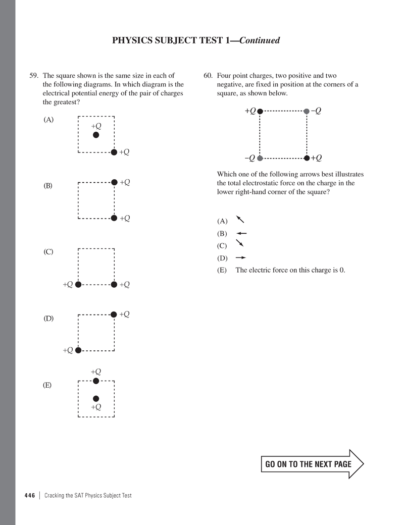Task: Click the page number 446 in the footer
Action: [x=29, y=495]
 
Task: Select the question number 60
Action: [x=208, y=76]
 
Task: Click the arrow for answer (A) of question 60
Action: [x=240, y=219]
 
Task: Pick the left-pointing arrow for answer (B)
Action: [x=241, y=233]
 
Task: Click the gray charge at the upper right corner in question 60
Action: [x=307, y=111]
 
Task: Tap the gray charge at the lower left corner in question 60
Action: [x=260, y=158]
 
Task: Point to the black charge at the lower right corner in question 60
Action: [x=307, y=158]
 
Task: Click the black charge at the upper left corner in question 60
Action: [x=260, y=111]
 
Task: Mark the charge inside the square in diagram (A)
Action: [x=96, y=135]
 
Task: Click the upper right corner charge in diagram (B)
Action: [x=114, y=182]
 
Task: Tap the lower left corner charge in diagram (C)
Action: [x=78, y=285]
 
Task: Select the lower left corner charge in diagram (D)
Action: [x=78, y=350]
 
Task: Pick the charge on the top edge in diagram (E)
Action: [x=96, y=381]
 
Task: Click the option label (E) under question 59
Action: [x=47, y=385]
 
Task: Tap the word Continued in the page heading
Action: [x=260, y=40]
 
